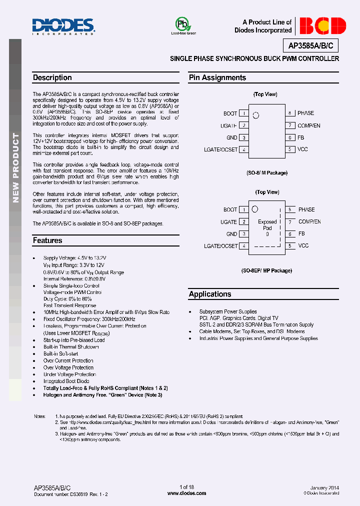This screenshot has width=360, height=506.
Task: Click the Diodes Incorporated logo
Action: [x=63, y=26]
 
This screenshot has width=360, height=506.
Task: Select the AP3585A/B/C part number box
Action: [x=311, y=45]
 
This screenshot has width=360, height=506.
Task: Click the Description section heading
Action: [x=52, y=77]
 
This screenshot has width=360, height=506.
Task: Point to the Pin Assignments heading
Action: [x=217, y=77]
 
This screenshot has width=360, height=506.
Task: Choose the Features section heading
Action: [x=47, y=240]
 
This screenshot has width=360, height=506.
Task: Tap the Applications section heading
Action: [x=210, y=294]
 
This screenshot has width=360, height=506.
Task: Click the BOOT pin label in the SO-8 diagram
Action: [x=230, y=113]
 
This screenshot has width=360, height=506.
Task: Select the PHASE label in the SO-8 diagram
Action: [x=306, y=113]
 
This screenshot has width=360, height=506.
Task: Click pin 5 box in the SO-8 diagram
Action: [x=289, y=149]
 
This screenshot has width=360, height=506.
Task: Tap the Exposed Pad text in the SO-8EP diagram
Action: [x=267, y=225]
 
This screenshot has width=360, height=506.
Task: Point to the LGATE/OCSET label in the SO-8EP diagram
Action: [x=220, y=245]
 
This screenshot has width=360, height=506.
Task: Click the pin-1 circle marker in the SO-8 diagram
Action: [x=255, y=115]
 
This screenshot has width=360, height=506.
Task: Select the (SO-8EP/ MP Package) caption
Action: [x=267, y=270]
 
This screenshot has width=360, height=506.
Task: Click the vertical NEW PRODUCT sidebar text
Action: [x=16, y=167]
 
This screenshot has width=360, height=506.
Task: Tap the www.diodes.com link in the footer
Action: [x=186, y=493]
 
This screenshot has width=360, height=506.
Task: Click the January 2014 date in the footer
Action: [x=325, y=487]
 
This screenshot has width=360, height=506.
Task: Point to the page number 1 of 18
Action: [x=186, y=487]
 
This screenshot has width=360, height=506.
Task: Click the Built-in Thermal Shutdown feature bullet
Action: [x=71, y=346]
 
